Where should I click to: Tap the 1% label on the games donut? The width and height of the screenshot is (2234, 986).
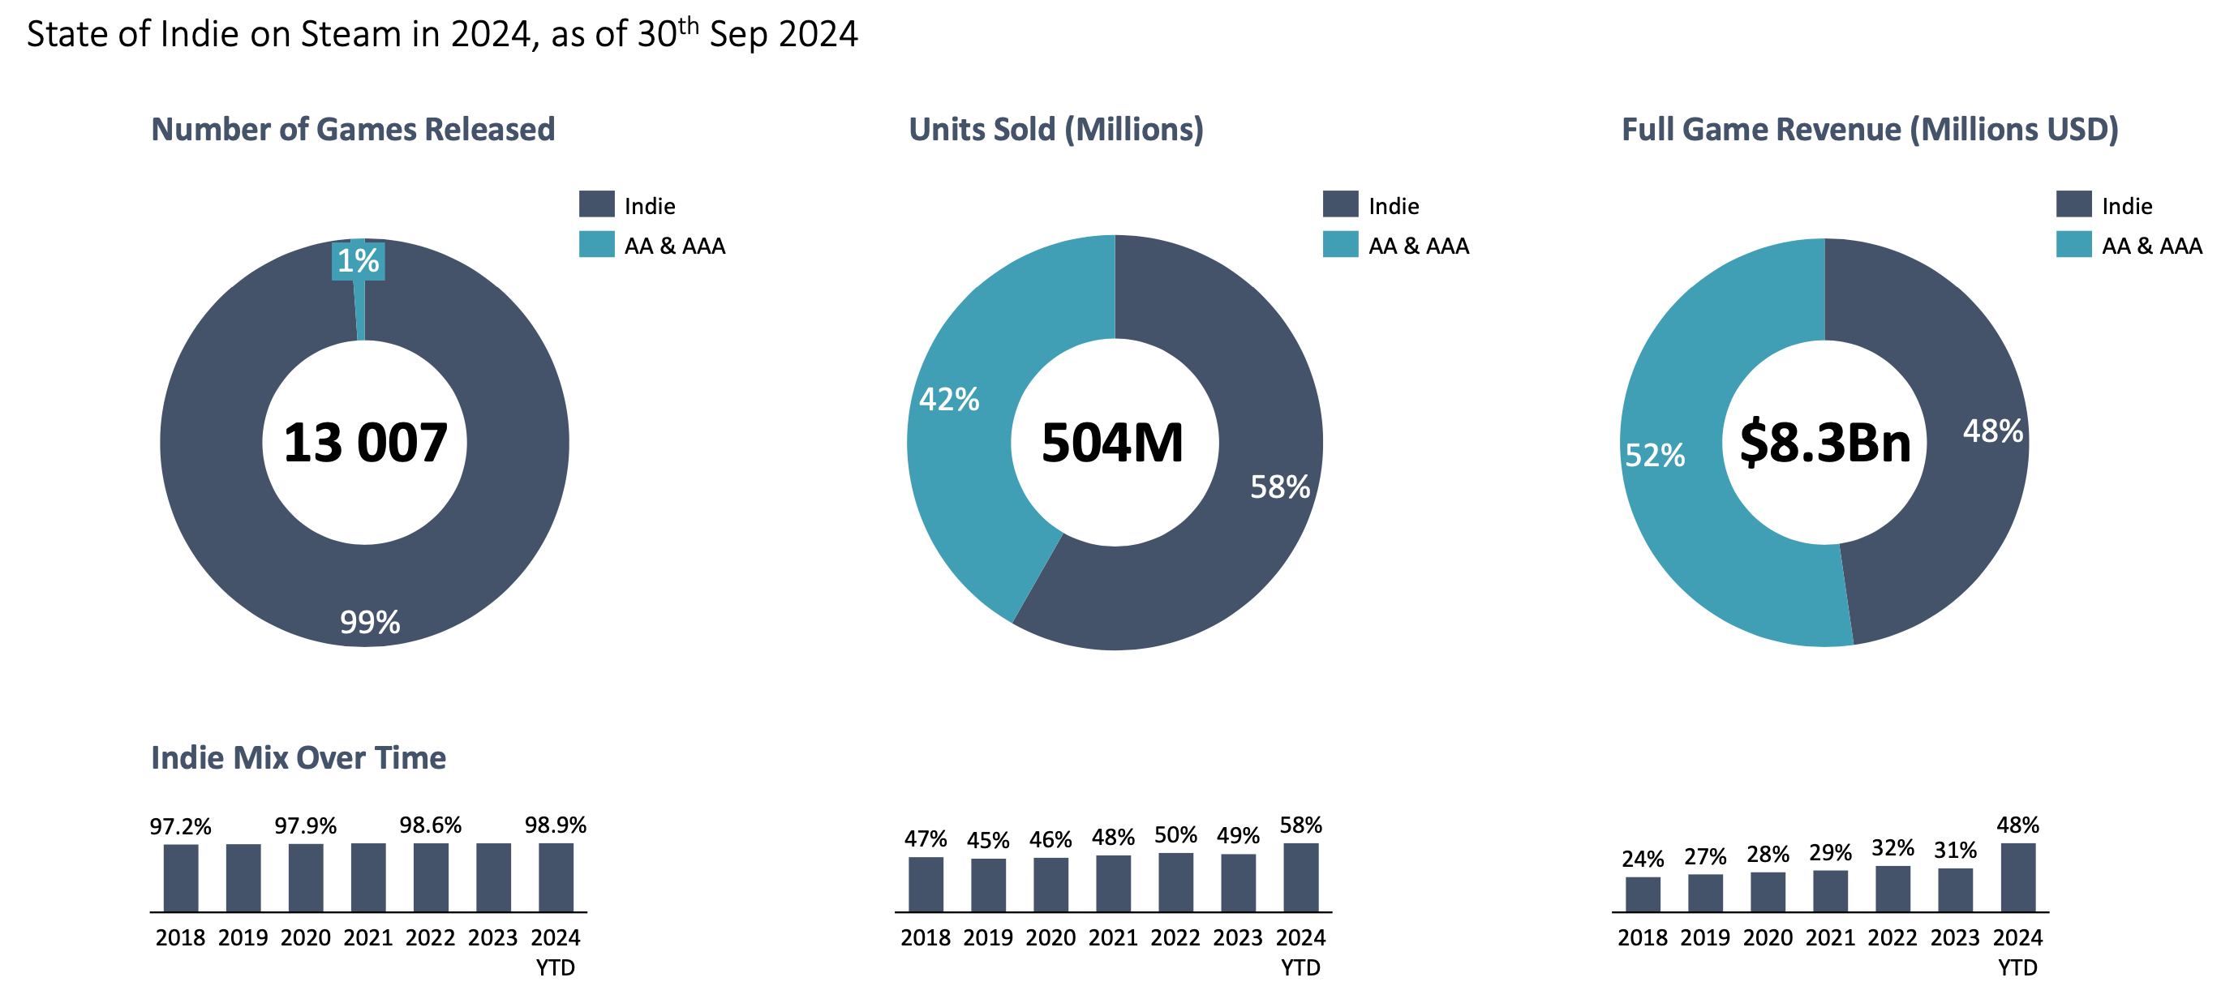359,260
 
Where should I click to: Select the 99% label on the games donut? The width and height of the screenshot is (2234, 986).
369,622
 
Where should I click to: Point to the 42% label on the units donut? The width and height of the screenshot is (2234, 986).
949,400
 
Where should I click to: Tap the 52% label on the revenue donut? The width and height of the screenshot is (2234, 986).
1655,455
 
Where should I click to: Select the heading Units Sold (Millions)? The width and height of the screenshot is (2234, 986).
1055,129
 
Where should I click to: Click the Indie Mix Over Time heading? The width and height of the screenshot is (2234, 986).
299,758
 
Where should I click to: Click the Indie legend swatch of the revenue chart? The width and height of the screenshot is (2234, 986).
2073,204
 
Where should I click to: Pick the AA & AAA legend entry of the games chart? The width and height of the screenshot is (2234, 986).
674,246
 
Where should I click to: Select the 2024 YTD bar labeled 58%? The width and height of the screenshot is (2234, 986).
1301,877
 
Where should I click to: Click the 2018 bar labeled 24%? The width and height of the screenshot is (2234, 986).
1643,894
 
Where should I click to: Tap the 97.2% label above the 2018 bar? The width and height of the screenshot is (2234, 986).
180,826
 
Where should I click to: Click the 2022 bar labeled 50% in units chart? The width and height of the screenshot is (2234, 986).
1175,882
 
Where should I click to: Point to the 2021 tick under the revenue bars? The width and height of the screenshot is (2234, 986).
1830,937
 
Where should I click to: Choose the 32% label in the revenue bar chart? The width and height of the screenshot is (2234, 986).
1892,848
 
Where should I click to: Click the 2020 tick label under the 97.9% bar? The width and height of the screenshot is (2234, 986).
305,937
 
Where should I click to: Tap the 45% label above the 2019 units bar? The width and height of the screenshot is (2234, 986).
988,840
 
